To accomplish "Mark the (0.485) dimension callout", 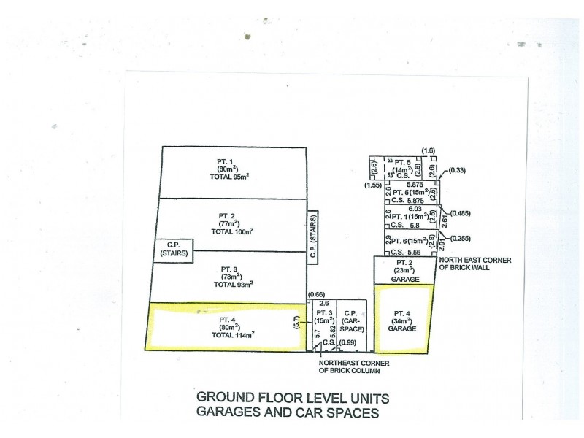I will (461, 213).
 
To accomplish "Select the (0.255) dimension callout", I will (461, 239).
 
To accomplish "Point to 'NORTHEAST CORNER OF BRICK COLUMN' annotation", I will (355, 366).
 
